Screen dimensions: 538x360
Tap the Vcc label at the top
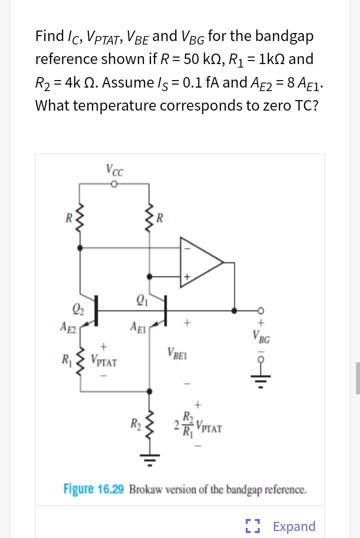coord(115,169)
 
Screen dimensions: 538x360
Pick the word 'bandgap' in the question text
coord(283,36)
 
